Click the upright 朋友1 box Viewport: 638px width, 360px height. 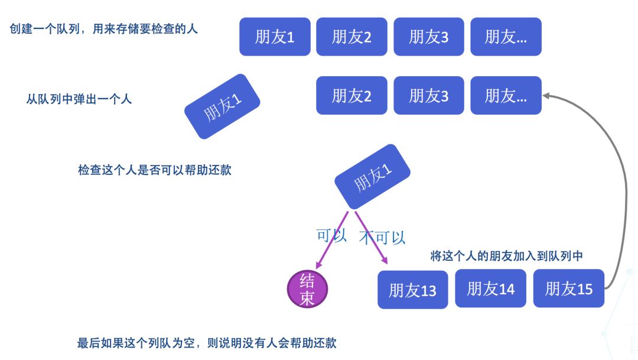tap(275, 37)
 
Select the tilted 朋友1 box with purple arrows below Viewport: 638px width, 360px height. tap(372, 176)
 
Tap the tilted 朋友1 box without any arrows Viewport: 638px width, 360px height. tap(222, 106)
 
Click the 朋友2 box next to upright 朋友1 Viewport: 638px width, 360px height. tap(351, 37)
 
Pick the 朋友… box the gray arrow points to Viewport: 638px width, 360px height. tap(506, 95)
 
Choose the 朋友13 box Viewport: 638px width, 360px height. tap(412, 290)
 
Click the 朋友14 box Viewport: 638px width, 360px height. tap(490, 288)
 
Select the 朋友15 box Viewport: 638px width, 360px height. tap(568, 288)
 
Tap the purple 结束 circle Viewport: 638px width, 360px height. tap(307, 289)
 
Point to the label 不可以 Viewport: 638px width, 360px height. tap(382, 238)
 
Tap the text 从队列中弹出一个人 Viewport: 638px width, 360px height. tap(79, 99)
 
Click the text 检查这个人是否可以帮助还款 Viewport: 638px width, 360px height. tap(154, 170)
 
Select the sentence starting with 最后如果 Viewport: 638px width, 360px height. tap(207, 343)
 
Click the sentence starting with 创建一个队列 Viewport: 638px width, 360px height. tap(104, 28)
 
